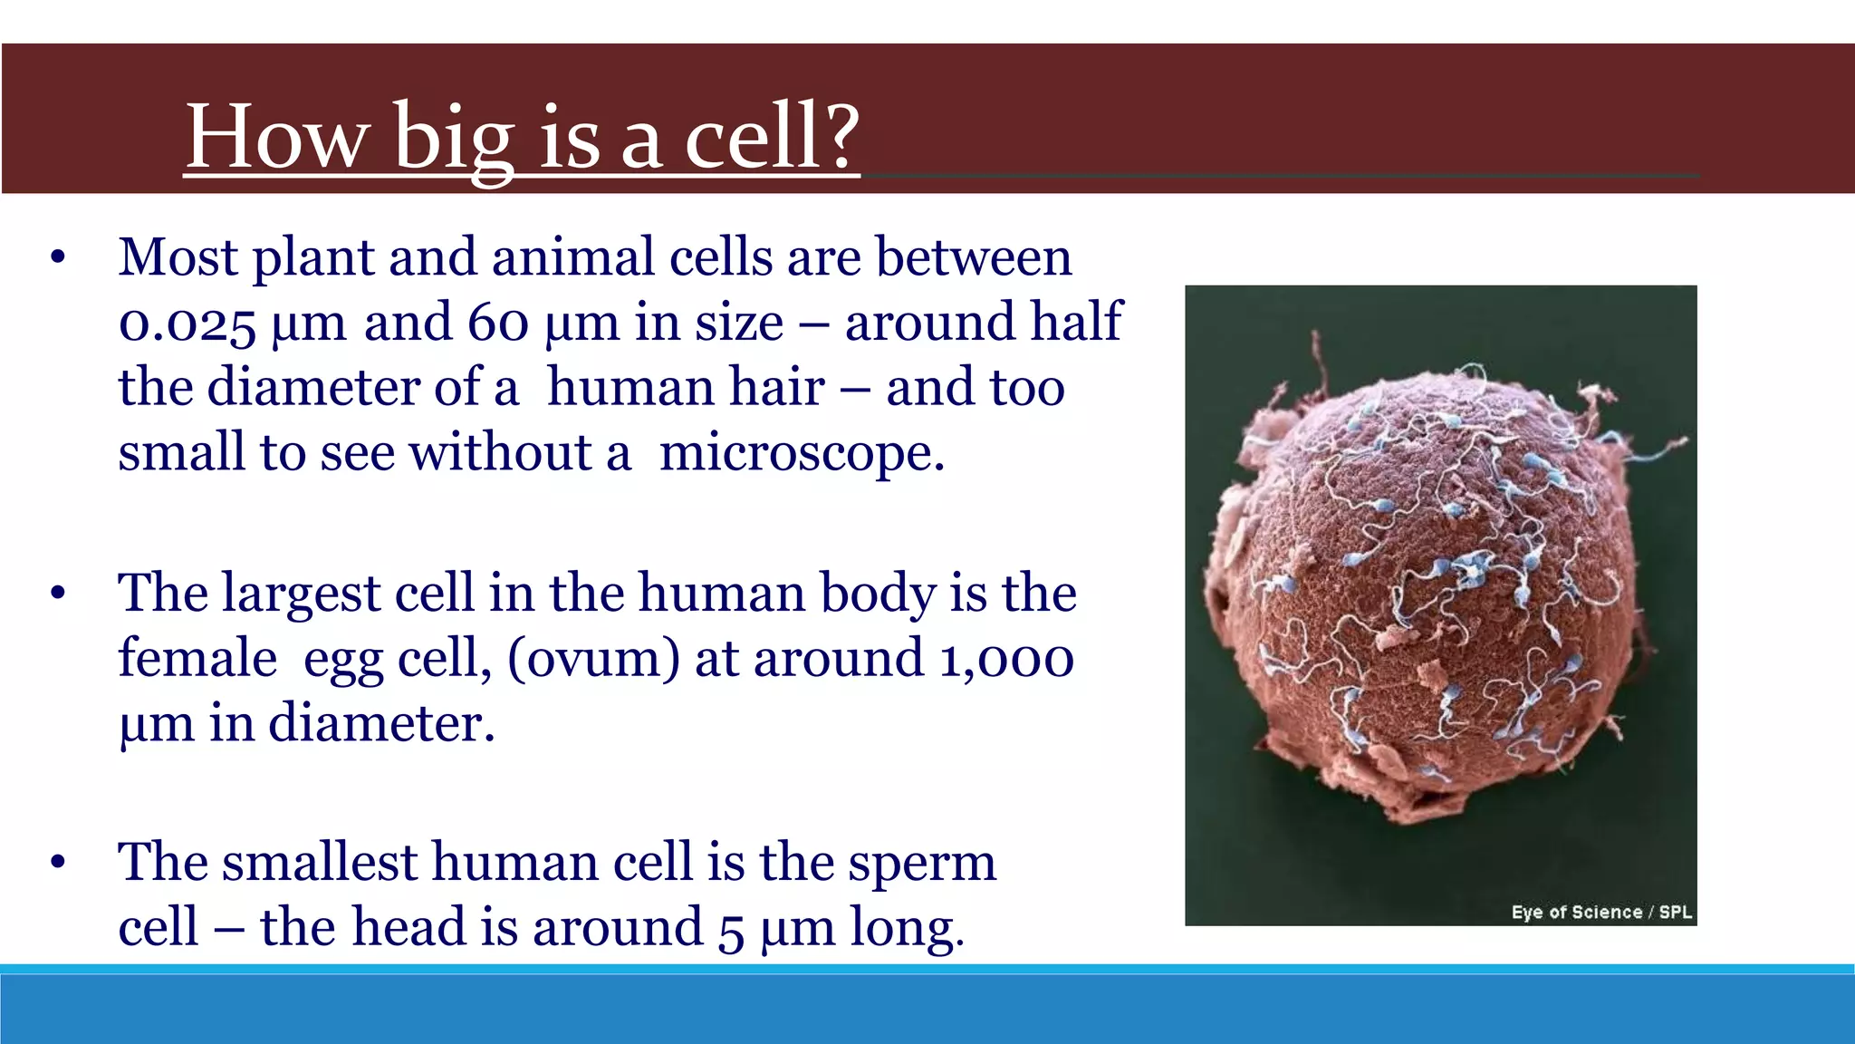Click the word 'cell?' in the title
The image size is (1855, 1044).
(771, 138)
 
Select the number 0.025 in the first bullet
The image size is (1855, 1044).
(187, 324)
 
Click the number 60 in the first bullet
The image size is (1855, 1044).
(498, 323)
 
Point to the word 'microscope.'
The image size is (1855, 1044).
(802, 453)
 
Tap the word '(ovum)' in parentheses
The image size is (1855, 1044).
(593, 660)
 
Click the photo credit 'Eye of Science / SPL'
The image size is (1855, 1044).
(1600, 913)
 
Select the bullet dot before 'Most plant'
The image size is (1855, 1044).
(58, 258)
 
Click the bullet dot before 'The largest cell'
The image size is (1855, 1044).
(58, 594)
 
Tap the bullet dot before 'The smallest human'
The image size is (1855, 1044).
(58, 863)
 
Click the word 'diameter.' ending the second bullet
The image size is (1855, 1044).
(381, 724)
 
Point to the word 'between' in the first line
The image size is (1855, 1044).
(974, 257)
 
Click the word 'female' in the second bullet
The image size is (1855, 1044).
(197, 659)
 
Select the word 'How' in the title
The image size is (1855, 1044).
(276, 138)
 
